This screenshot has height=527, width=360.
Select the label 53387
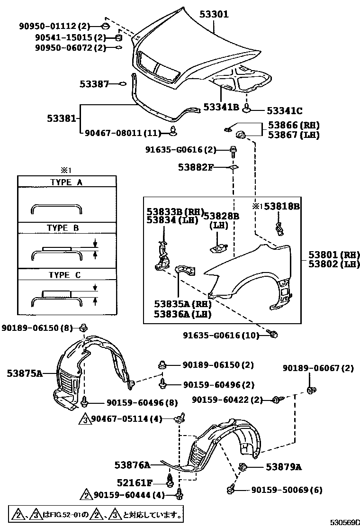93,84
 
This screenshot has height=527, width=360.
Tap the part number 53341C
284,111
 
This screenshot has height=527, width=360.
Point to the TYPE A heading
66,182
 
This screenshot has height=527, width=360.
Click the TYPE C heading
66,275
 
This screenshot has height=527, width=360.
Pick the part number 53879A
283,467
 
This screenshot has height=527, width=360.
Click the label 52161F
135,483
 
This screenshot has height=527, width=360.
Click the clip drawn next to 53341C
247,110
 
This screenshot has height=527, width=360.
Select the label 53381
62,117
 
